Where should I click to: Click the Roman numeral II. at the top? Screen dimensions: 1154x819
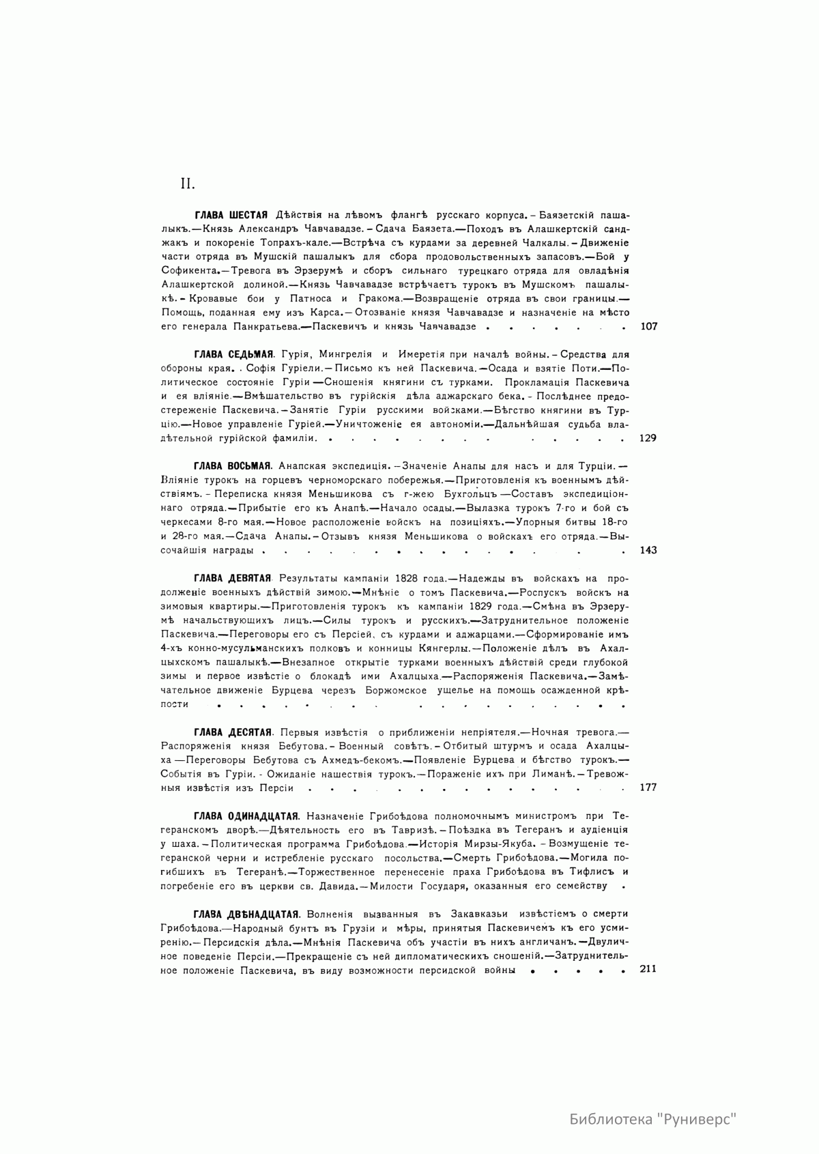(x=188, y=184)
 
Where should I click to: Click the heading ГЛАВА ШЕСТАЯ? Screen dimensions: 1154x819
(x=230, y=215)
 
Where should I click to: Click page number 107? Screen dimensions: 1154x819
(x=649, y=326)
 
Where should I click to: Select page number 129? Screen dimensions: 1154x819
(x=648, y=438)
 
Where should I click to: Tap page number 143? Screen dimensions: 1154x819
(x=648, y=550)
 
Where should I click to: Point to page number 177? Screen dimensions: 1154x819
(x=648, y=787)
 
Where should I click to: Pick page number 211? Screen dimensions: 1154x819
(x=648, y=969)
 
